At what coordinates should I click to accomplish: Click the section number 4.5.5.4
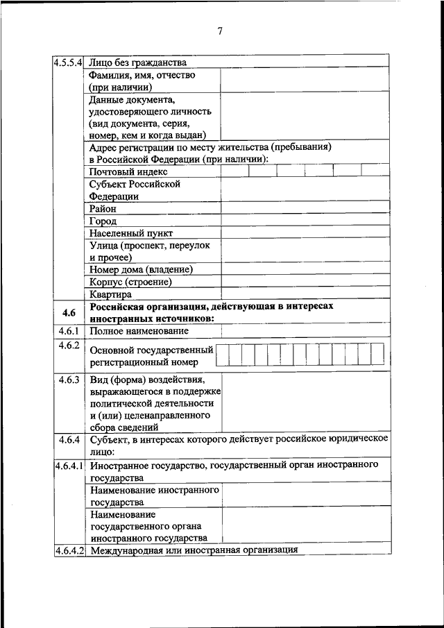69,62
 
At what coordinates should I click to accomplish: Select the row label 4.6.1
69,331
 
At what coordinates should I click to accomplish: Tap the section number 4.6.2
69,346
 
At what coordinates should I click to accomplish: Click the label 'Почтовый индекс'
128,171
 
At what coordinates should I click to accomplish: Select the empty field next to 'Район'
305,207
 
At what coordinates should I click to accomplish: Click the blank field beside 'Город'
305,220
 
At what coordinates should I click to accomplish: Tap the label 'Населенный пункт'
131,233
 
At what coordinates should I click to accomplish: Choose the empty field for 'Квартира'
305,294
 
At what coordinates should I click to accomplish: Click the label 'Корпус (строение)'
130,282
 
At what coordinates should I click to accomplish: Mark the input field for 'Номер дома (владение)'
305,269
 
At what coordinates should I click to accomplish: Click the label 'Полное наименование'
139,331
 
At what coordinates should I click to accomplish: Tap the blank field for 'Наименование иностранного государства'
305,495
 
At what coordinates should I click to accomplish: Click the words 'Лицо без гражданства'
138,62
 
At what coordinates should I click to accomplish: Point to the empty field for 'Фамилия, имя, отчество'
305,80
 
